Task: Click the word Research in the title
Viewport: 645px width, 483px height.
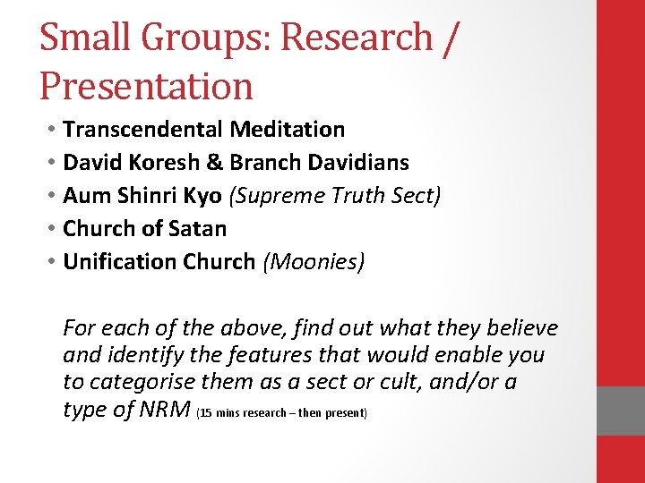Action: click(357, 38)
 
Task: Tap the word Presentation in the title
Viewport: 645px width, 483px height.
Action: click(146, 86)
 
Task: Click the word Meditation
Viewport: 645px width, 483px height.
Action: click(287, 130)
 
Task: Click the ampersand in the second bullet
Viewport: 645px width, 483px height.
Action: click(215, 163)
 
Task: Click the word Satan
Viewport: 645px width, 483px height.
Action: click(196, 229)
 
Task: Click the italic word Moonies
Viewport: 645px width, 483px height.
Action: click(314, 262)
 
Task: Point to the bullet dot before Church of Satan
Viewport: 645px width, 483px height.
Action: click(52, 229)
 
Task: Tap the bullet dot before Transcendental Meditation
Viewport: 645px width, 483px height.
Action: click(52, 130)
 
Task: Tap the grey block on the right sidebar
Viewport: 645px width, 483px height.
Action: click(621, 411)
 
